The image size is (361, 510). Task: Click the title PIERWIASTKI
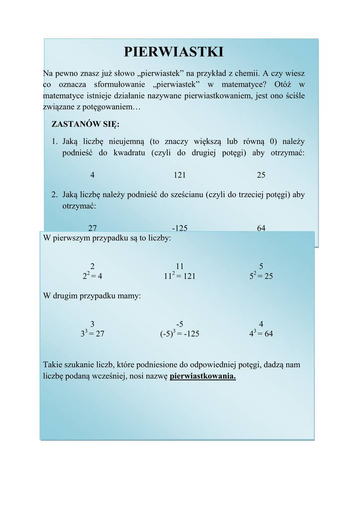(173, 52)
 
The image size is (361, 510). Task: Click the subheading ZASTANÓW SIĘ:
(86, 124)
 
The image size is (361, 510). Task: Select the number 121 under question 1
(180, 175)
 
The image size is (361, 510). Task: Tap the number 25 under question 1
(261, 175)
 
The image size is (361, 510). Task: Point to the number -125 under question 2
(180, 228)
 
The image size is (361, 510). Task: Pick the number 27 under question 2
(93, 228)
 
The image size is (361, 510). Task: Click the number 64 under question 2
(261, 228)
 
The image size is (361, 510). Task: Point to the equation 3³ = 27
(93, 334)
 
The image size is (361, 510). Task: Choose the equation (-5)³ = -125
(180, 334)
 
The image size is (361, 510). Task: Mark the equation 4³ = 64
(261, 334)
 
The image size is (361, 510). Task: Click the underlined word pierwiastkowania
(203, 376)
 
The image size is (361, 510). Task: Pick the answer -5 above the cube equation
(180, 324)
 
